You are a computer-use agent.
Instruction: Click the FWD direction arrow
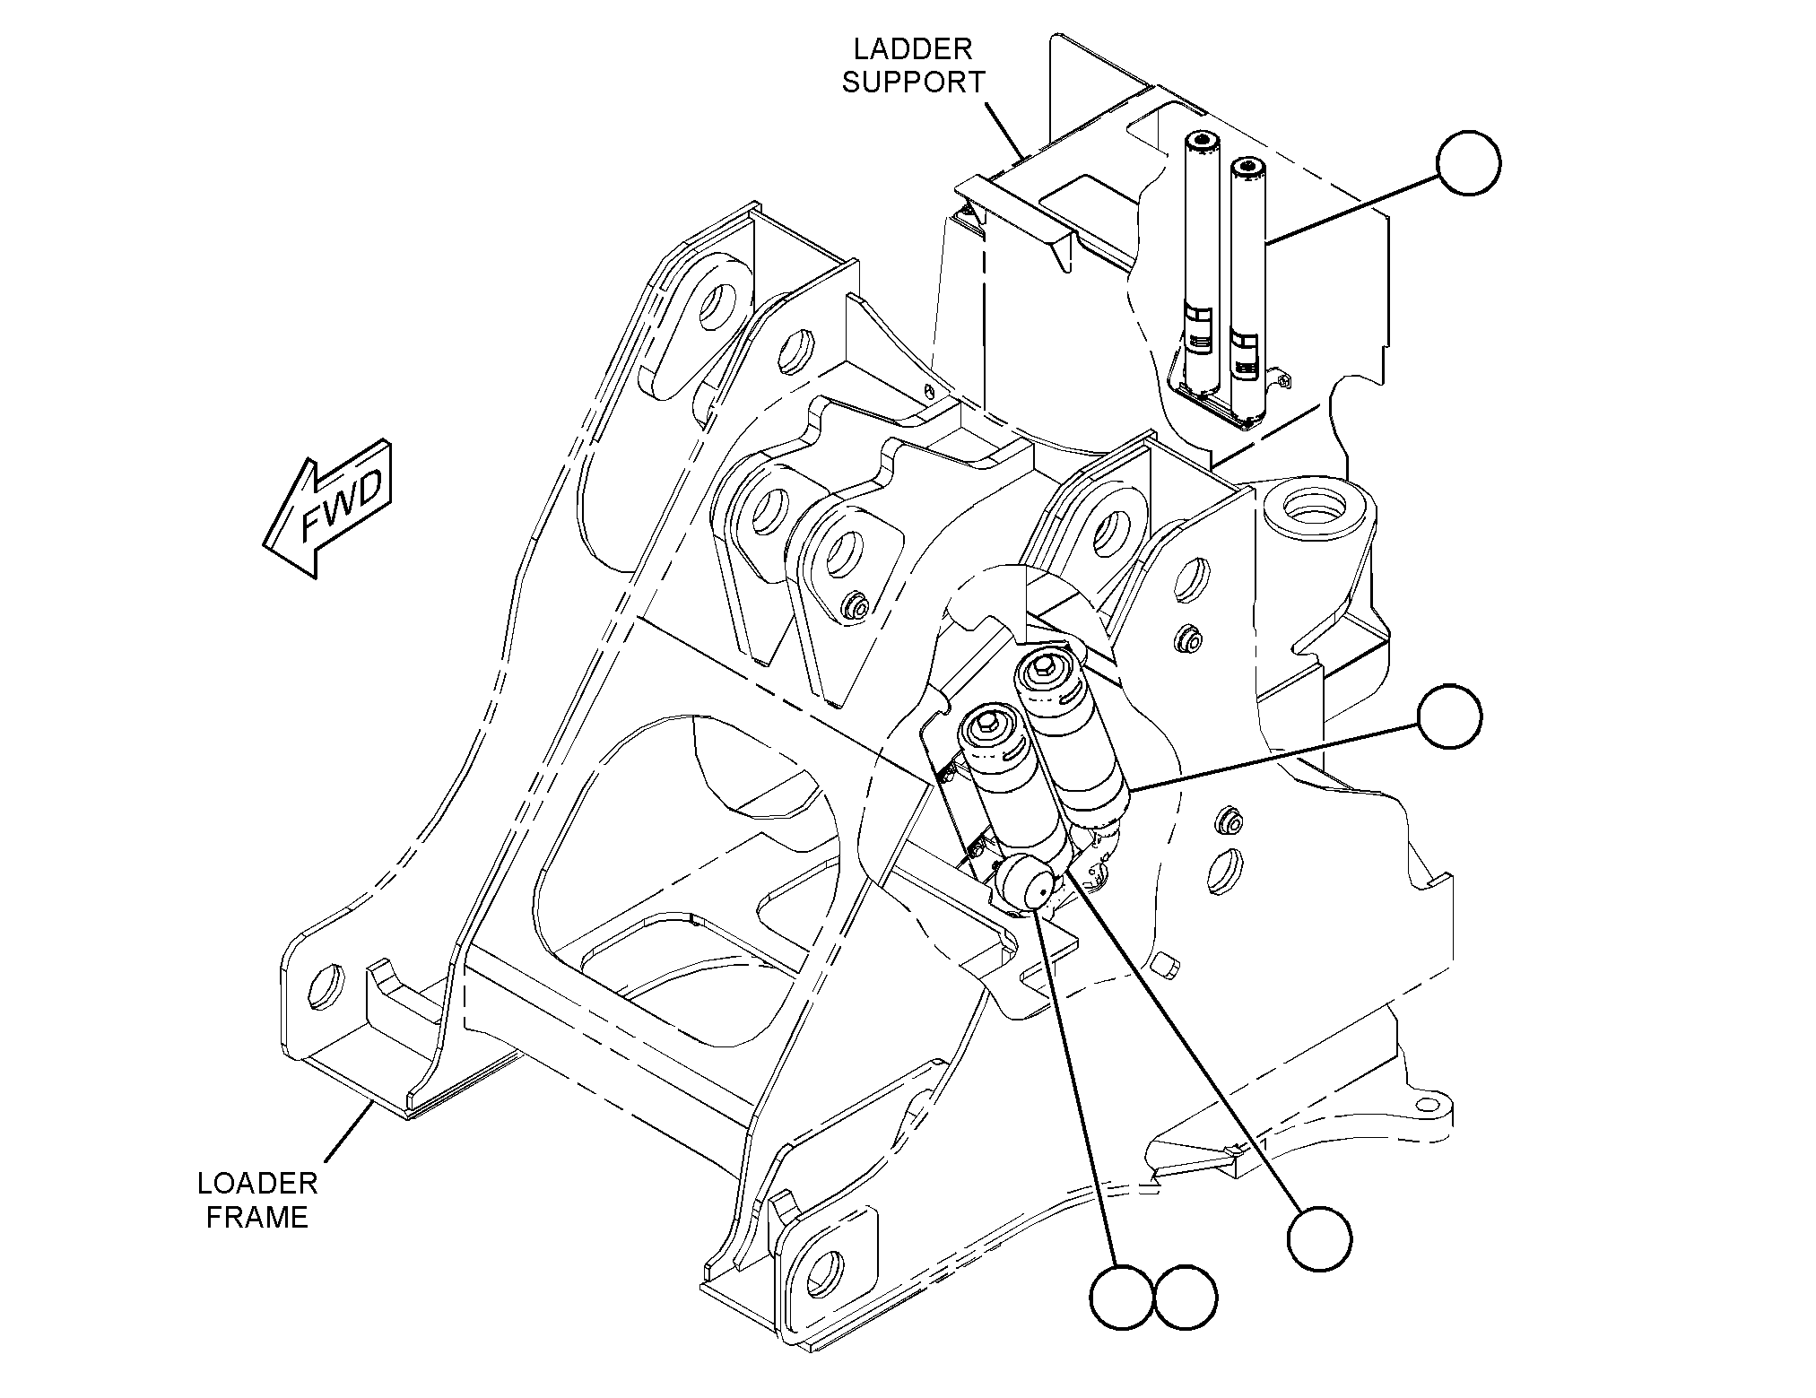click(x=328, y=508)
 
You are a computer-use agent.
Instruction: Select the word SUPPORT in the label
click(x=913, y=82)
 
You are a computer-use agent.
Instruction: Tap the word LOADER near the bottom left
click(x=257, y=1184)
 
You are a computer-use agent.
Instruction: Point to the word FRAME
click(x=257, y=1218)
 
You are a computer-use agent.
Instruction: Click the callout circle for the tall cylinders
click(x=1469, y=163)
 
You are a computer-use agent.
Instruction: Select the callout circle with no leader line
click(x=1186, y=1298)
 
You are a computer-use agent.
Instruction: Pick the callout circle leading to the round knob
click(x=1122, y=1298)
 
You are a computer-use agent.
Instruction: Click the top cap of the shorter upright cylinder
click(x=1245, y=168)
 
